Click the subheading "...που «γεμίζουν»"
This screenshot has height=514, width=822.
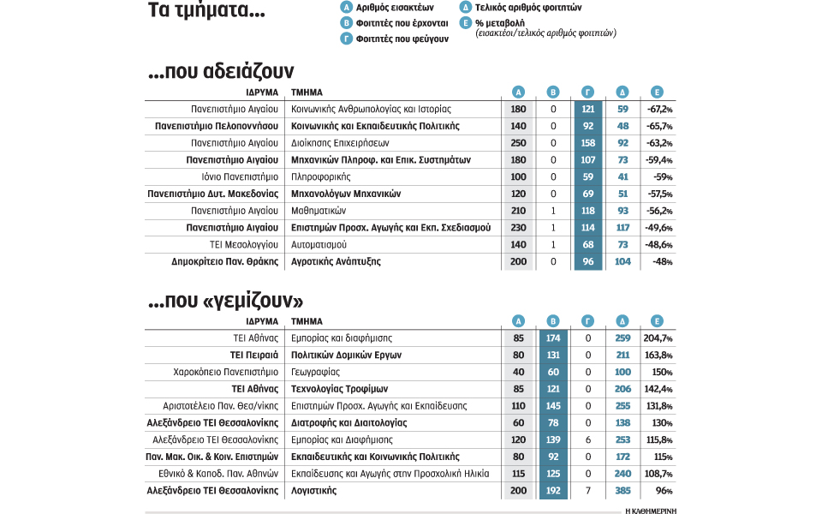[x=226, y=302]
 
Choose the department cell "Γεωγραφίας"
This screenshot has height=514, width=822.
[x=316, y=372]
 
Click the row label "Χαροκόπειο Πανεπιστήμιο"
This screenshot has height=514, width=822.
[x=225, y=372]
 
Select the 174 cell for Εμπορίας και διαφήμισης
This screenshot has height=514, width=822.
[x=552, y=338]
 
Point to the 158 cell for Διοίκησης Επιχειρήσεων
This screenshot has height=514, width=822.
[x=588, y=143]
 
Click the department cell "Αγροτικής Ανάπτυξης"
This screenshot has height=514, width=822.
[x=336, y=261]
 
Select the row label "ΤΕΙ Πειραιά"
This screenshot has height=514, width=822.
[x=254, y=355]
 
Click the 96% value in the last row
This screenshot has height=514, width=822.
[x=661, y=491]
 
